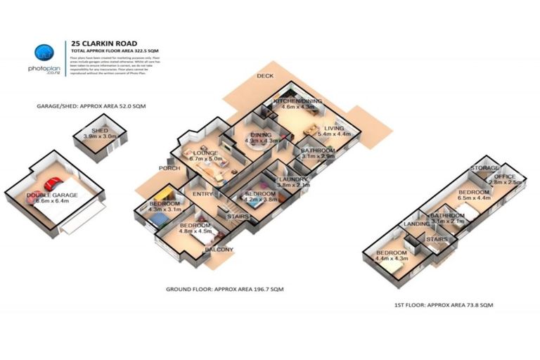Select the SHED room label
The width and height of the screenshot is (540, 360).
(x=100, y=131)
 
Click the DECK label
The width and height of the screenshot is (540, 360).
(x=264, y=75)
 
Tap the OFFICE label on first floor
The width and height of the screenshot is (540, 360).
(x=505, y=176)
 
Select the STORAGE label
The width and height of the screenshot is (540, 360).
(x=484, y=168)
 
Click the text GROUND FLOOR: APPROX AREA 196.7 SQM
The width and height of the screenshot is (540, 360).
(x=224, y=289)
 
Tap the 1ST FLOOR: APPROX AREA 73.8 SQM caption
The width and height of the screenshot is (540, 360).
(x=445, y=304)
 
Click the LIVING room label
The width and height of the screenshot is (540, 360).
(x=333, y=128)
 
